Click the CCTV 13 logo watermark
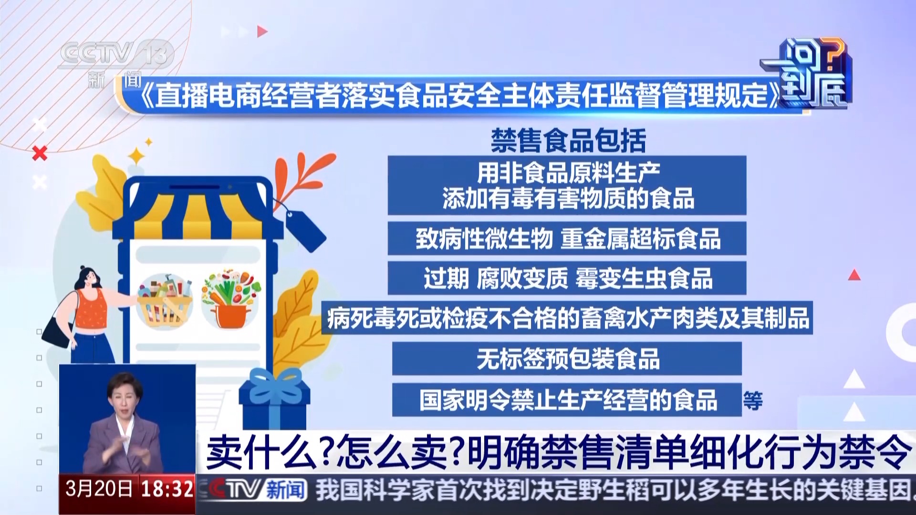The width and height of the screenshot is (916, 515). (115, 55)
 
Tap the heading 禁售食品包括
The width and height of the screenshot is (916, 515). (568, 141)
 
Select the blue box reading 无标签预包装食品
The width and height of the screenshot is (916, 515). (567, 359)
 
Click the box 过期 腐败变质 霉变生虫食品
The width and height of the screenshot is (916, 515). (567, 278)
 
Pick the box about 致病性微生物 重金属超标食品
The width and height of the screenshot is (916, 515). (567, 238)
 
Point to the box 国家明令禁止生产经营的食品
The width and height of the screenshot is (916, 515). (567, 400)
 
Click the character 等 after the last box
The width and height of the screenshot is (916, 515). (753, 401)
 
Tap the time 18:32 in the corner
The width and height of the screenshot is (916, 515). (167, 489)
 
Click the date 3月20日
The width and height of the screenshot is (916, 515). (99, 489)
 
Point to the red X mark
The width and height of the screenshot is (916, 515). (40, 153)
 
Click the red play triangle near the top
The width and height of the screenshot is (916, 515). (262, 31)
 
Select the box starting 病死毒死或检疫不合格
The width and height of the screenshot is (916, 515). (567, 318)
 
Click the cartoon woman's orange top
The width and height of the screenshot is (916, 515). (92, 308)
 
